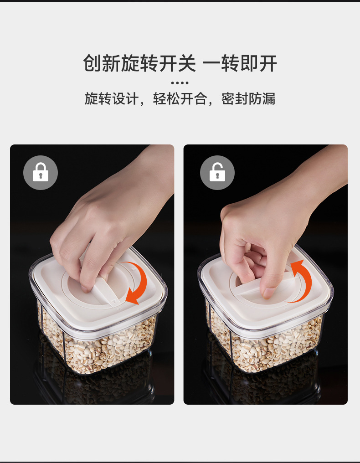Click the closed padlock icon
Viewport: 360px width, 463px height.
[x=41, y=172]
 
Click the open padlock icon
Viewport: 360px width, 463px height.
[x=217, y=172]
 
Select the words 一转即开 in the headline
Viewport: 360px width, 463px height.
[x=240, y=63]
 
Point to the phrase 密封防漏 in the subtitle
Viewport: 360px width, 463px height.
[x=248, y=98]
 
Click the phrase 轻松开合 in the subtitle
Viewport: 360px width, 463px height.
[x=180, y=98]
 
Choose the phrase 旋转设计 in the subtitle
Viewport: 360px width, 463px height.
[x=111, y=98]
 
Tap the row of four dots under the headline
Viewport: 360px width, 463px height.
[x=180, y=83]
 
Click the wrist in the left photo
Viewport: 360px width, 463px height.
[x=154, y=171]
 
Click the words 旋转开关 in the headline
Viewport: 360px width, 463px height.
[x=159, y=63]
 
